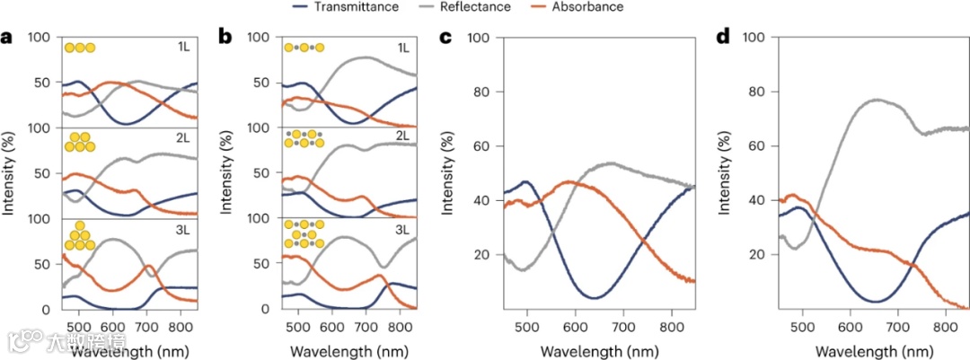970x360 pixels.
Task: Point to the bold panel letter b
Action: (226, 38)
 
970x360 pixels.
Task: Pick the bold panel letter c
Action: (445, 38)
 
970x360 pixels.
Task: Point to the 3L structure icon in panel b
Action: (304, 233)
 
